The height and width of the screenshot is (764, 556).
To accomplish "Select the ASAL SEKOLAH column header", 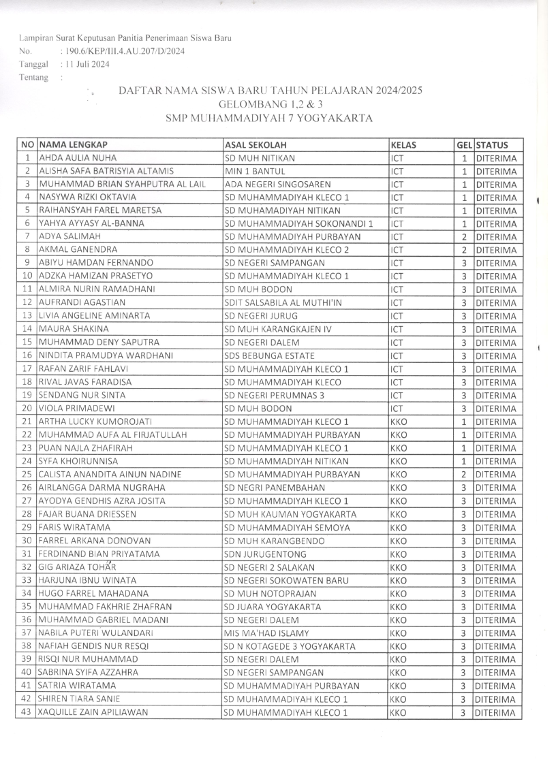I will coord(256,145).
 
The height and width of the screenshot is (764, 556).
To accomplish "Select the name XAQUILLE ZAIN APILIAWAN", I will coord(93,712).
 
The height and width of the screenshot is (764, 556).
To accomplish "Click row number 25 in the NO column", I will coord(27,475).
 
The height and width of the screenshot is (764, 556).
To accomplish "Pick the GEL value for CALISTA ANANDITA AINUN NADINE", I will coord(463,475).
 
